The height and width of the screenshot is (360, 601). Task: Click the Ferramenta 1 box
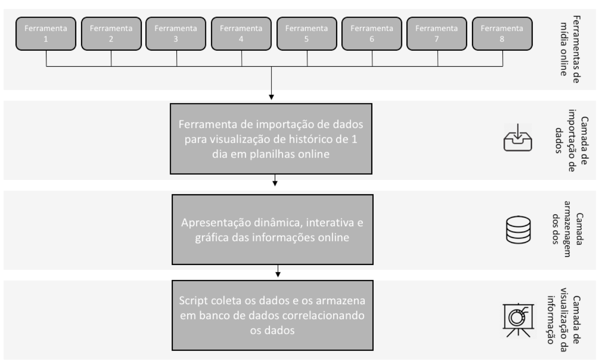pyautogui.click(x=46, y=34)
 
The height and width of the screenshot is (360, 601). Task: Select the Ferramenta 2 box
pyautogui.click(x=111, y=34)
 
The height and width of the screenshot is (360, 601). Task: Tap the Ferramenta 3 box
pyautogui.click(x=176, y=34)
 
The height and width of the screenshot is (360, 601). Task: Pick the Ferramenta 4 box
pyautogui.click(x=241, y=34)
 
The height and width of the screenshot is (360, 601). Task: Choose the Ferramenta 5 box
pyautogui.click(x=307, y=34)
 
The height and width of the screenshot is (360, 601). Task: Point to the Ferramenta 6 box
pyautogui.click(x=372, y=34)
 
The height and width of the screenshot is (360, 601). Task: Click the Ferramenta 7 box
pyautogui.click(x=437, y=34)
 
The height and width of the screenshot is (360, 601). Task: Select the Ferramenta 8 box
pyautogui.click(x=502, y=34)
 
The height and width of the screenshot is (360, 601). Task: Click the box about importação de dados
pyautogui.click(x=271, y=139)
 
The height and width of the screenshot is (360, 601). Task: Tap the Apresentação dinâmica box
pyautogui.click(x=272, y=230)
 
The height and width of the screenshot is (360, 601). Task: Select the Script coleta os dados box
pyautogui.click(x=272, y=315)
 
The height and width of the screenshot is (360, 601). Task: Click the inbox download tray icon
pyautogui.click(x=518, y=137)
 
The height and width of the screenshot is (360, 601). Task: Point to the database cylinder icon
pyautogui.click(x=518, y=230)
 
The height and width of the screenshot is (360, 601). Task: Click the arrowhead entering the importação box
pyautogui.click(x=271, y=97)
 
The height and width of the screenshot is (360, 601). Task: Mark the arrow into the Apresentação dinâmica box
pyautogui.click(x=275, y=180)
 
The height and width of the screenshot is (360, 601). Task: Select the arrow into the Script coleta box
pyautogui.click(x=278, y=271)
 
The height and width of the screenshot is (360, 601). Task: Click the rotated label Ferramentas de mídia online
pyautogui.click(x=570, y=50)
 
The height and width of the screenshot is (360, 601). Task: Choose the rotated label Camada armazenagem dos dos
pyautogui.click(x=568, y=229)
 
